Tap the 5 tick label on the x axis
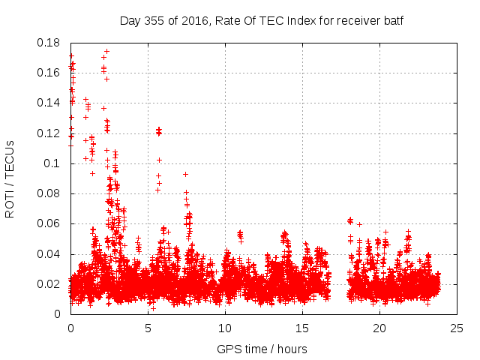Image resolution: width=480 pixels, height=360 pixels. coord(148,328)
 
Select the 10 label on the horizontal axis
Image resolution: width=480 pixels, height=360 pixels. coord(225,328)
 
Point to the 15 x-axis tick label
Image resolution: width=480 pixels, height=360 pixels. coord(302,328)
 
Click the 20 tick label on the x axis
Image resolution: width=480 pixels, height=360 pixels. coord(379,328)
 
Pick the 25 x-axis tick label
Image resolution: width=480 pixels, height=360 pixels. coord(457,328)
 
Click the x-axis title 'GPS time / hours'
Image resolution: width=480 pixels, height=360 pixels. coord(262,349)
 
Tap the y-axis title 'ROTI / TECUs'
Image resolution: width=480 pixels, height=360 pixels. coord(10,178)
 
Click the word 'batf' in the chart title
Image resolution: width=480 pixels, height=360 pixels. coord(393,20)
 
